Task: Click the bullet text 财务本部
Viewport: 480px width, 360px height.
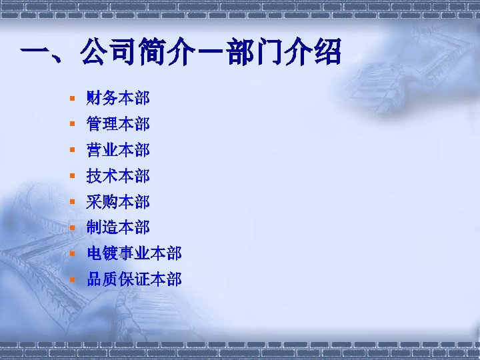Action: (118, 99)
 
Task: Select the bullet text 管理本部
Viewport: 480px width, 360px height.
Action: (118, 124)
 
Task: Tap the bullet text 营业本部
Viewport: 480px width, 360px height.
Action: (118, 150)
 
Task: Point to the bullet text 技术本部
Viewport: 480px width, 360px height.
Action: (118, 176)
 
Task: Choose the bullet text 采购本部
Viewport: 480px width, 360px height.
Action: (118, 201)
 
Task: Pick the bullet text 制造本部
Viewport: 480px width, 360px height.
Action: (118, 227)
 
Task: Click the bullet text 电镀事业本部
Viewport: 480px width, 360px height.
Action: (134, 253)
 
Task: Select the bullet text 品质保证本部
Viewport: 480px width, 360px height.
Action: (134, 279)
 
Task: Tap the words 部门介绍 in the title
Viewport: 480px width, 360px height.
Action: (284, 51)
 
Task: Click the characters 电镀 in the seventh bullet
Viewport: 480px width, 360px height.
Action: (102, 253)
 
